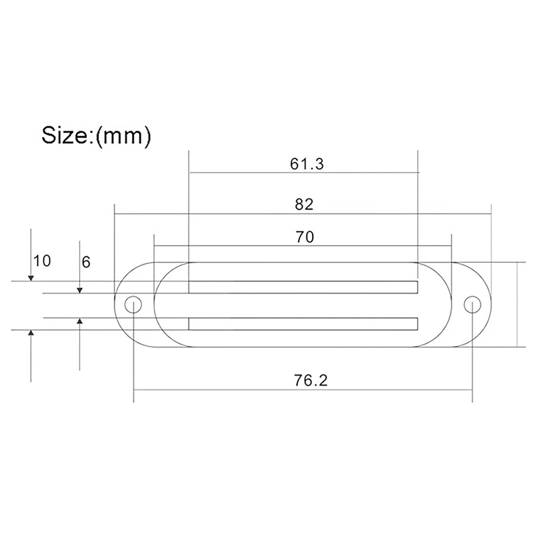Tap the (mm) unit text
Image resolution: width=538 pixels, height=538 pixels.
[x=123, y=136]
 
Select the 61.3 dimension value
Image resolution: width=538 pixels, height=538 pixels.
[x=307, y=164]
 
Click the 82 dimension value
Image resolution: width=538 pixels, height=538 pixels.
[x=304, y=204]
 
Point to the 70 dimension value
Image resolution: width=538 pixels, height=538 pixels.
[x=305, y=236]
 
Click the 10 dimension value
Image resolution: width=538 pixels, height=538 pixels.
[x=42, y=261]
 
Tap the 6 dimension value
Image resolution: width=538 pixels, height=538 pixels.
[x=86, y=262]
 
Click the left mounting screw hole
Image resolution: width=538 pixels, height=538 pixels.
[x=133, y=304]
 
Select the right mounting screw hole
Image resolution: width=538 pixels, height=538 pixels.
[x=472, y=304]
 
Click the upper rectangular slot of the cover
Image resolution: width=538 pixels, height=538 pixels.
[x=303, y=287]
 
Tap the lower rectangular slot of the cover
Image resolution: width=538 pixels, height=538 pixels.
[x=303, y=323]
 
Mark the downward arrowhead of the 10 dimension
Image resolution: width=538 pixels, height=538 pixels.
[x=31, y=277]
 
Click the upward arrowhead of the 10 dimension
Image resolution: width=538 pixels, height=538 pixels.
[x=31, y=333]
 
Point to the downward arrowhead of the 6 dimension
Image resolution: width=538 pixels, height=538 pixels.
[x=80, y=289]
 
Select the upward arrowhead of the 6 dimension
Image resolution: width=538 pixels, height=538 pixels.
[x=80, y=321]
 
